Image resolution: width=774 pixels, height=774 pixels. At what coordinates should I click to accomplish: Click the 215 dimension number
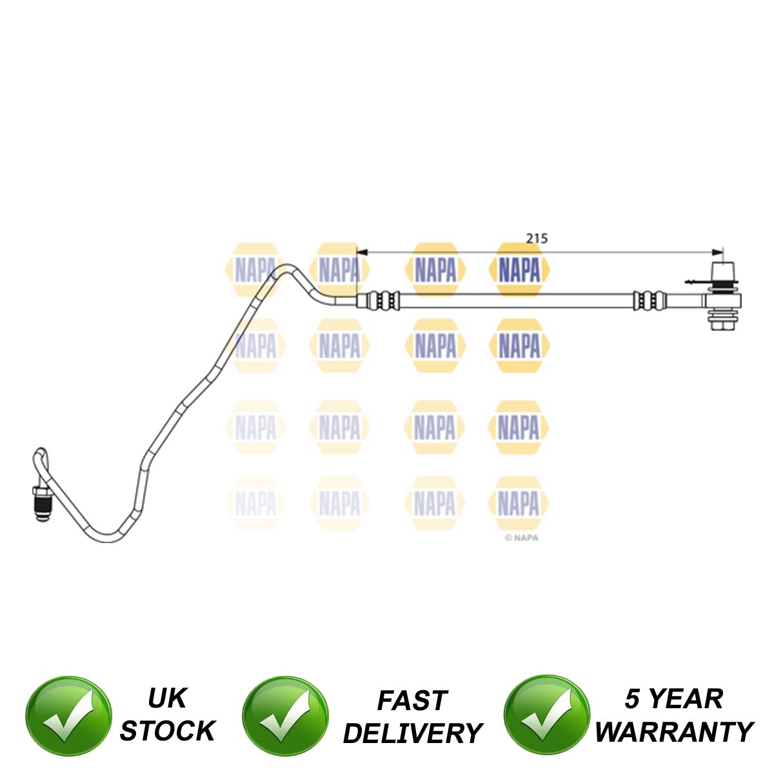click(x=536, y=238)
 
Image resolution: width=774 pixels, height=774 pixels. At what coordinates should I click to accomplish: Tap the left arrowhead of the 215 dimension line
click(x=361, y=252)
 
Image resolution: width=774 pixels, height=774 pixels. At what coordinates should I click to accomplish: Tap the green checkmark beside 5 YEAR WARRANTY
click(x=546, y=715)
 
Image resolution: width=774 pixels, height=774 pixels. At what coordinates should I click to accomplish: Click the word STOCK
click(x=167, y=731)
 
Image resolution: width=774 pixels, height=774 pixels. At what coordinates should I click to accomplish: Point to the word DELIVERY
click(x=413, y=733)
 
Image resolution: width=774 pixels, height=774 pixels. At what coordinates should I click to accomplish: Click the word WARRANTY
click(x=673, y=732)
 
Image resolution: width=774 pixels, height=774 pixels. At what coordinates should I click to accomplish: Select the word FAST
click(x=412, y=700)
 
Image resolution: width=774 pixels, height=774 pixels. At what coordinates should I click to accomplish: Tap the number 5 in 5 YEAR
click(x=634, y=699)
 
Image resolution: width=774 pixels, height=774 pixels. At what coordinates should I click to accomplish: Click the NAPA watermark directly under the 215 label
click(x=519, y=270)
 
